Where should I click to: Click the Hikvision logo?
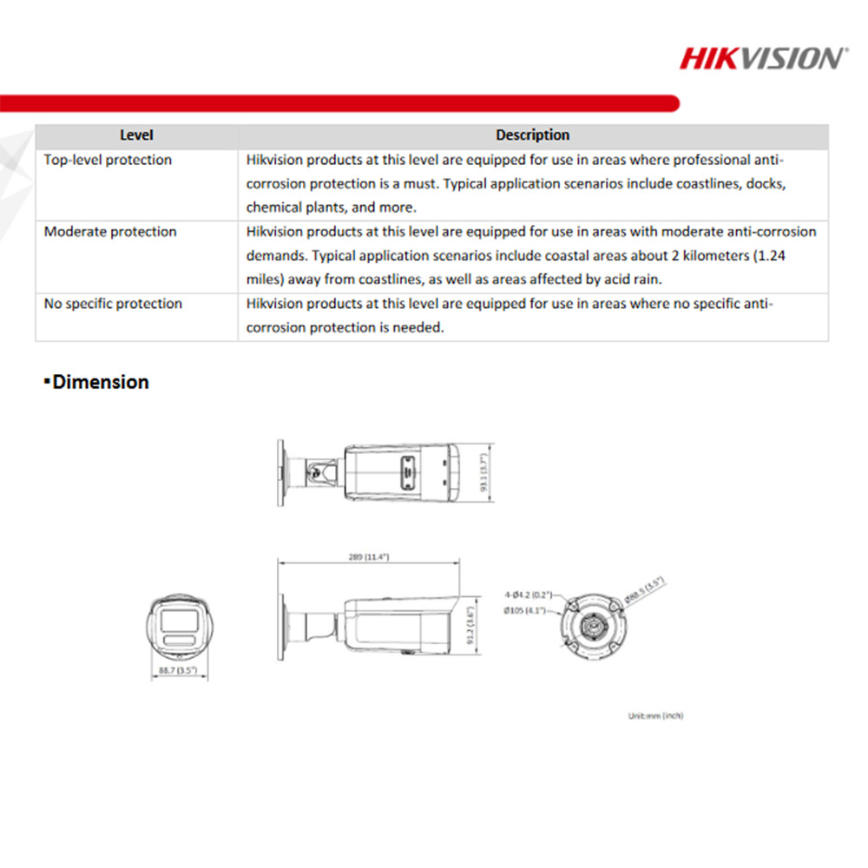tap(761, 58)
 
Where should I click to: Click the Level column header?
tap(136, 135)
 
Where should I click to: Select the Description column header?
tap(532, 135)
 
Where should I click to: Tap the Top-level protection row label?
tap(108, 161)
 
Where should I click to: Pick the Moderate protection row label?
tap(110, 232)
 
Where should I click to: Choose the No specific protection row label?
tap(113, 304)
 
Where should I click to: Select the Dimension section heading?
tap(100, 382)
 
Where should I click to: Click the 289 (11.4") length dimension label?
tap(369, 556)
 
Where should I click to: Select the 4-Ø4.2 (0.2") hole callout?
tap(529, 595)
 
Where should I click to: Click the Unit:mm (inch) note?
tap(655, 716)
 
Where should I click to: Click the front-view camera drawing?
tap(180, 625)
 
